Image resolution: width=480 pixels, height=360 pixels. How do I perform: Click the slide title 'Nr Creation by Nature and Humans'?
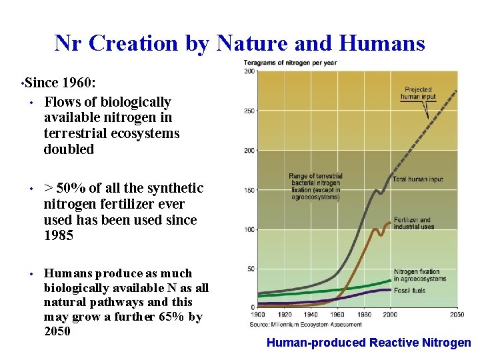(239, 43)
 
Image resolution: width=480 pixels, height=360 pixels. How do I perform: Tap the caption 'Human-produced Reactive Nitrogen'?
(369, 343)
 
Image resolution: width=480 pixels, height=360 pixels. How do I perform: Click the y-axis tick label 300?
(249, 71)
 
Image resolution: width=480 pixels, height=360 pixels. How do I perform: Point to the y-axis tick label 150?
(249, 190)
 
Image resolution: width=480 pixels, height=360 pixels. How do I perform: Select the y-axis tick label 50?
(251, 269)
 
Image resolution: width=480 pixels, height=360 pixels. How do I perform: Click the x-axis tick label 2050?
(456, 314)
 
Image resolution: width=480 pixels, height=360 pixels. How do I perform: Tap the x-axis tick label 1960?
(338, 314)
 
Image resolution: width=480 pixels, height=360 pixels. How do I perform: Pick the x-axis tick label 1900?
(259, 314)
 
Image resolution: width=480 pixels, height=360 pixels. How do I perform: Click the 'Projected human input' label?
(417, 93)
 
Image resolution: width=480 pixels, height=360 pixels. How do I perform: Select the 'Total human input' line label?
(417, 179)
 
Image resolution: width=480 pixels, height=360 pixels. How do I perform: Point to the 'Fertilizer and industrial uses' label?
(414, 223)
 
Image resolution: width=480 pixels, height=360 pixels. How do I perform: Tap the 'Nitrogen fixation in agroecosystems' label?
(419, 275)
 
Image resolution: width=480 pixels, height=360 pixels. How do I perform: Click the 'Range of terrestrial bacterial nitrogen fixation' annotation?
(315, 187)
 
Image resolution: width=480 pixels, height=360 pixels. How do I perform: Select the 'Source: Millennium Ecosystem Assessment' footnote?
(305, 324)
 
